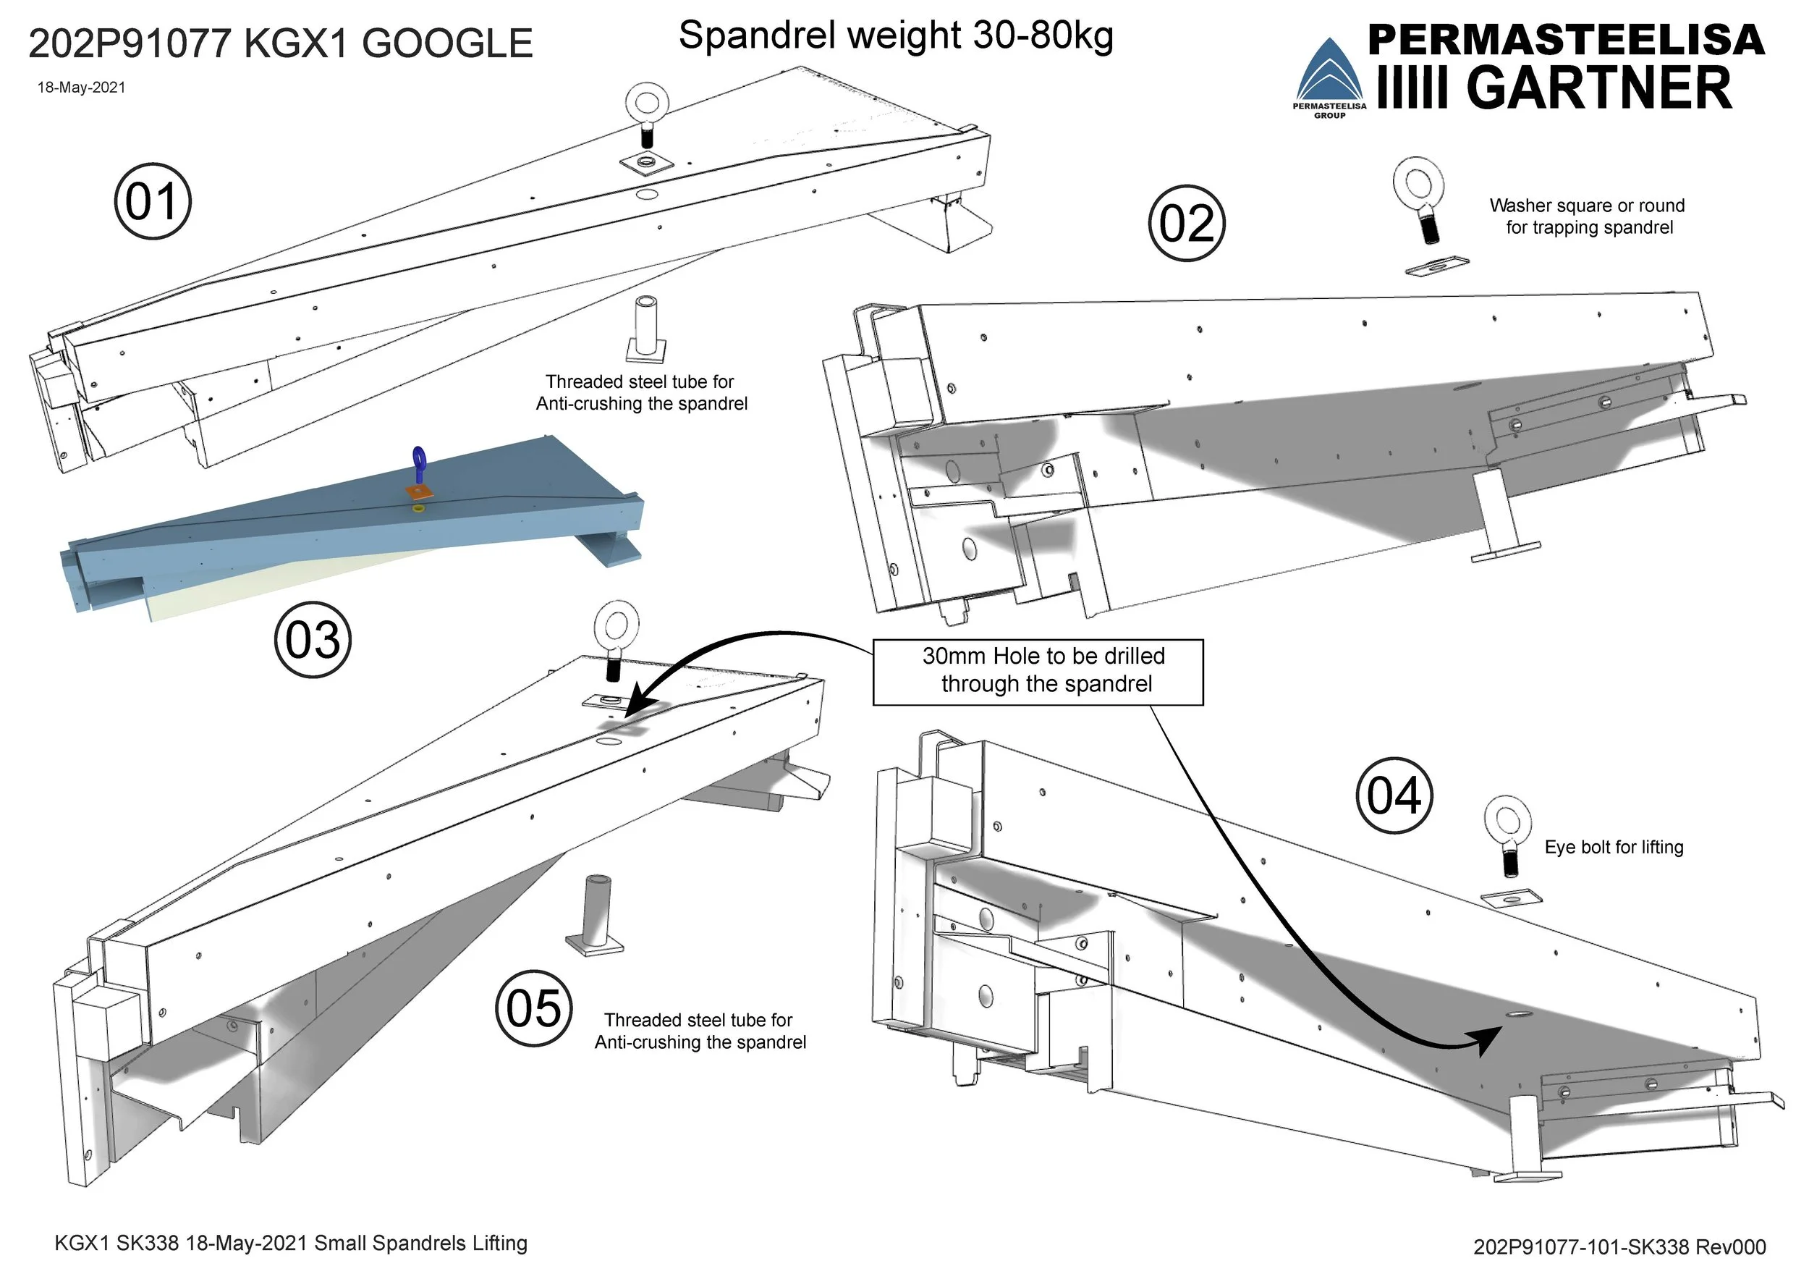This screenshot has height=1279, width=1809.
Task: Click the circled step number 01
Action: (152, 202)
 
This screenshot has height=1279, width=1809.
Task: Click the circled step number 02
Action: (1187, 223)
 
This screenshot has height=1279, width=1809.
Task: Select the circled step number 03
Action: (312, 639)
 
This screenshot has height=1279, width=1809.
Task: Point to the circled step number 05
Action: (533, 1008)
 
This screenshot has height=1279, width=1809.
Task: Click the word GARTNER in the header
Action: (1599, 88)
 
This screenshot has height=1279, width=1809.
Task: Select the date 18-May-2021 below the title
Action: (81, 88)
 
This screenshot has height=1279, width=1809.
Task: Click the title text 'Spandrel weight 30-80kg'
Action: (895, 36)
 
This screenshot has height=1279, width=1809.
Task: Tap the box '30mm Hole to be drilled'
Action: (1038, 672)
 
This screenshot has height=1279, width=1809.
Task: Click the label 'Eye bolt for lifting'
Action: (1614, 847)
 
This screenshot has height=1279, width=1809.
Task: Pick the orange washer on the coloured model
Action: (418, 491)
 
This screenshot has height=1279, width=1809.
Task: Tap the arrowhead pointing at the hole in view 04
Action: (1488, 1040)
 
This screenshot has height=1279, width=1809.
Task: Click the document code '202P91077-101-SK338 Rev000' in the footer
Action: (1619, 1246)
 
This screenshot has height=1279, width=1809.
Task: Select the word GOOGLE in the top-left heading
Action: (447, 44)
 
